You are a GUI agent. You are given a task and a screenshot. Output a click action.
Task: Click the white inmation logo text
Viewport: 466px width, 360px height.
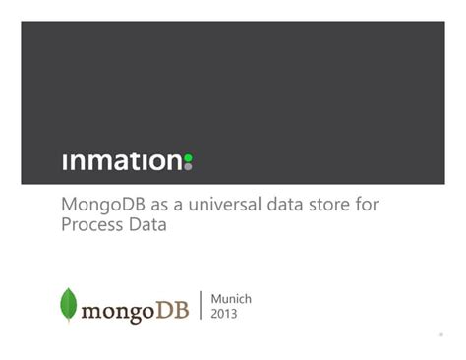(122, 161)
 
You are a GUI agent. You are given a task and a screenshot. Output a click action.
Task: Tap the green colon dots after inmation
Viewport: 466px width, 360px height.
(188, 161)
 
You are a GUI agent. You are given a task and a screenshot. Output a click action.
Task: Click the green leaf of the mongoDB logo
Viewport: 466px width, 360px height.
(69, 305)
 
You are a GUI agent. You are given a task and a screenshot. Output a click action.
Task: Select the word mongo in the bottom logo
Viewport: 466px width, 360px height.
(120, 313)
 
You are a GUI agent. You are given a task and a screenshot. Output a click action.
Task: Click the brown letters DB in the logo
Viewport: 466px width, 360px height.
(176, 312)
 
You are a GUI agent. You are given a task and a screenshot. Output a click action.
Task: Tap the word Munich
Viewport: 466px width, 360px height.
(232, 298)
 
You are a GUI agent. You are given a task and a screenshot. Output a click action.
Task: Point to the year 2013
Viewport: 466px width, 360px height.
(224, 315)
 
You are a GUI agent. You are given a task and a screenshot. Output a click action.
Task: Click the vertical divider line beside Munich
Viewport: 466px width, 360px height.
(202, 306)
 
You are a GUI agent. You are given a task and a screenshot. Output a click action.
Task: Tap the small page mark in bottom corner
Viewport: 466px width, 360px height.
(440, 334)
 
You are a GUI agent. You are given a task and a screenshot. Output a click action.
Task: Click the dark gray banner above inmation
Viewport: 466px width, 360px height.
(232, 79)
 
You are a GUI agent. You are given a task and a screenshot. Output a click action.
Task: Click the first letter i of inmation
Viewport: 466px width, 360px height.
(65, 161)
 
